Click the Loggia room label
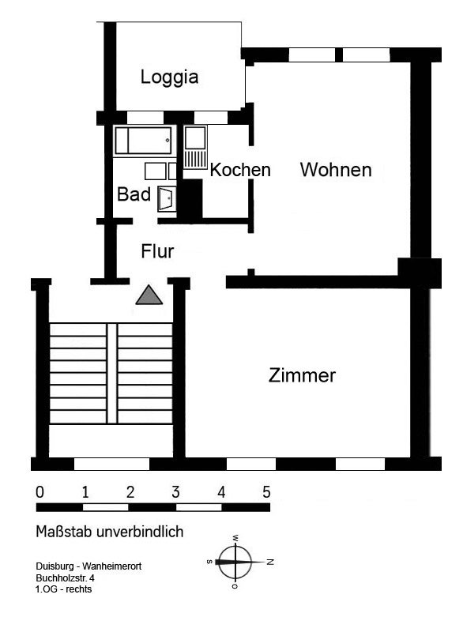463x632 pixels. pos(169,77)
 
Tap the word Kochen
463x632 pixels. pos(240,170)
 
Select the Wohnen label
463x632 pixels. pos(336,170)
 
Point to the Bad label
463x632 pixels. pos(134,194)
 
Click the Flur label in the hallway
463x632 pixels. pos(157,251)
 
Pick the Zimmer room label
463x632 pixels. pos(302,375)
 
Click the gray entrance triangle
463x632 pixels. pos(149,295)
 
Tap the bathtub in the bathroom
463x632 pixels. pos(145,141)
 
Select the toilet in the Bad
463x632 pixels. pos(166,198)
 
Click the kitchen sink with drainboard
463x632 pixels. pos(195,147)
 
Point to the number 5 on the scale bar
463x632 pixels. pos(266,492)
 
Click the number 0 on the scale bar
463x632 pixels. pos(40,492)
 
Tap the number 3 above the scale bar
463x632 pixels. pos(175,492)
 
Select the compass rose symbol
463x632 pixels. pos(235,562)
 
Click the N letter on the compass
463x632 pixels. pos(270,562)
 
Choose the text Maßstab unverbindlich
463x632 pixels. pos(110,532)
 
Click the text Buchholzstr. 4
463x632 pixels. pos(66,578)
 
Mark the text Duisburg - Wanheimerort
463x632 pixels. pos(88,566)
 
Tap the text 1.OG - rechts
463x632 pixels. pos(64,589)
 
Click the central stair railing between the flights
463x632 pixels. pos(112,373)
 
